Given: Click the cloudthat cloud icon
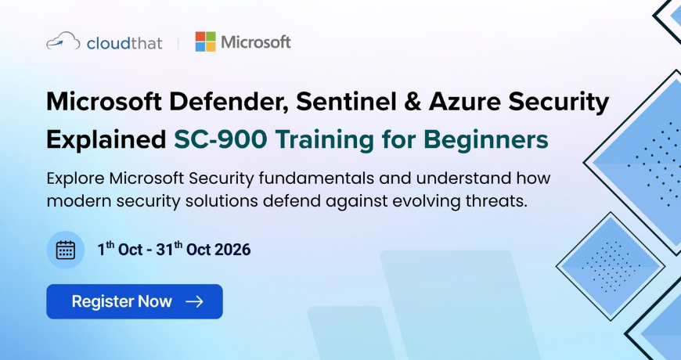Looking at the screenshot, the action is (63, 41).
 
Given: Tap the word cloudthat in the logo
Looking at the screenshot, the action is (124, 43).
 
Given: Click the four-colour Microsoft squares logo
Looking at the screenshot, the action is (205, 41).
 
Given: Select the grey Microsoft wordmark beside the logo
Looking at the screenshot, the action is (256, 42).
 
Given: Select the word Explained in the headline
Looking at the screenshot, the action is (106, 140).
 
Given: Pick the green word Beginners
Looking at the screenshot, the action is (486, 141).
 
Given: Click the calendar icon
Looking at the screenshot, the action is (66, 250).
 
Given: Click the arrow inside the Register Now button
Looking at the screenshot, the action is (194, 301).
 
